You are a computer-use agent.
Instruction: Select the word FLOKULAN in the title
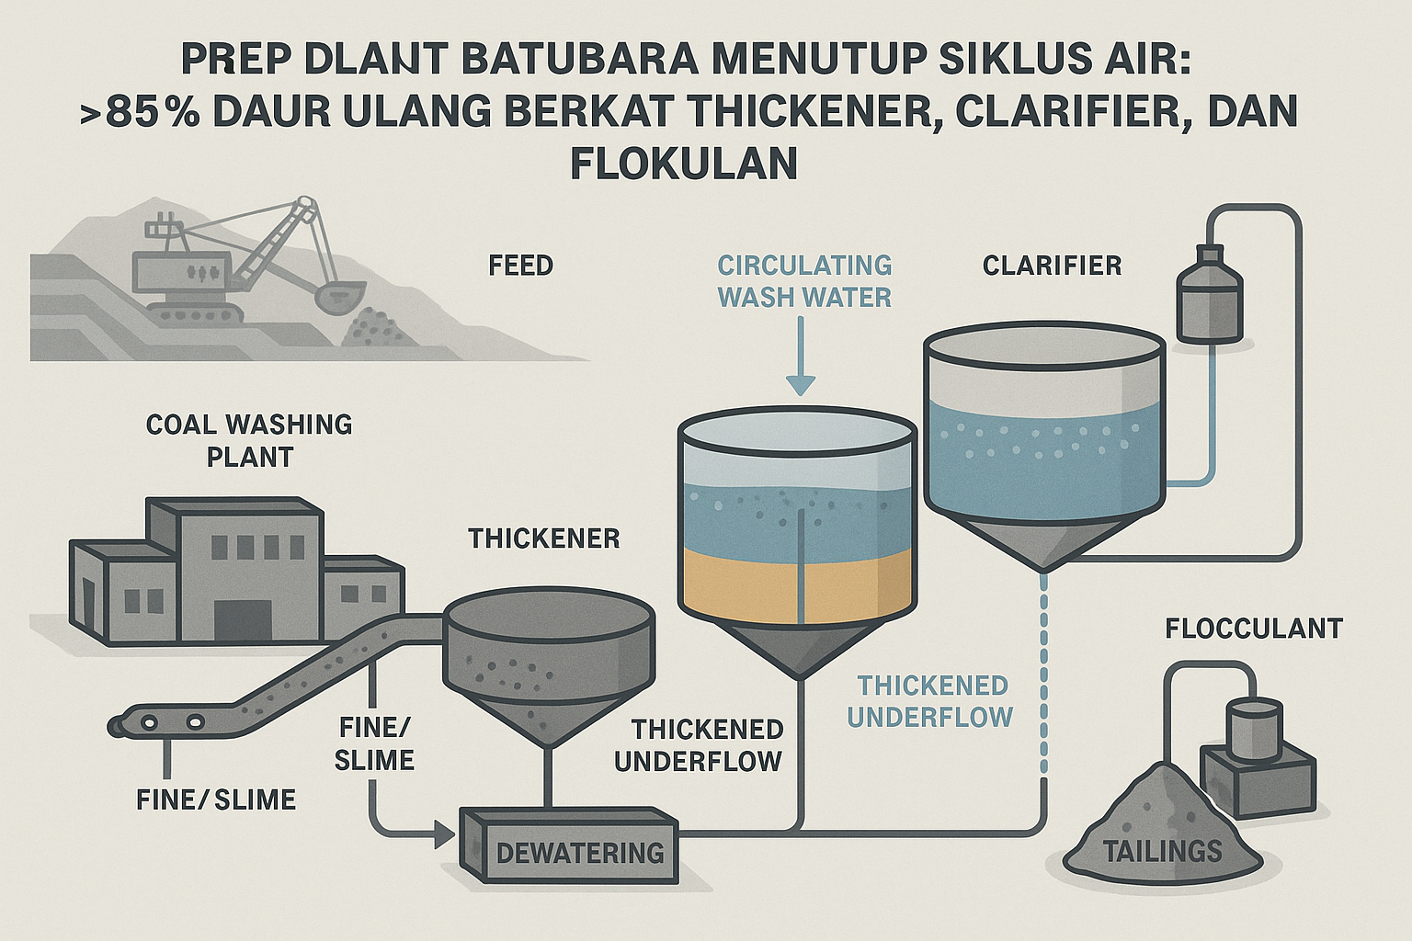pos(683,164)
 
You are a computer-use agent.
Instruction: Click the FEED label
pos(520,266)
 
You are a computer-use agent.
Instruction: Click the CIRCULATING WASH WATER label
pos(804,281)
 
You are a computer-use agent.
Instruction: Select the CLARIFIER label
pos(1052,266)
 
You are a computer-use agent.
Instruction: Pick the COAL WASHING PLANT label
pos(249,440)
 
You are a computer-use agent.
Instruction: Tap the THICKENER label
pos(544,539)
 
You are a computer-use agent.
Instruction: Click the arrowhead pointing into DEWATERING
pos(445,836)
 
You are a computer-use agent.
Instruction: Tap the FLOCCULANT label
pos(1254,629)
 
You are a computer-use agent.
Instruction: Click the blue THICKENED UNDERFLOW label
pos(933,701)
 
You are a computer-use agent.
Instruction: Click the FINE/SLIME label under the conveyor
pos(216,799)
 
